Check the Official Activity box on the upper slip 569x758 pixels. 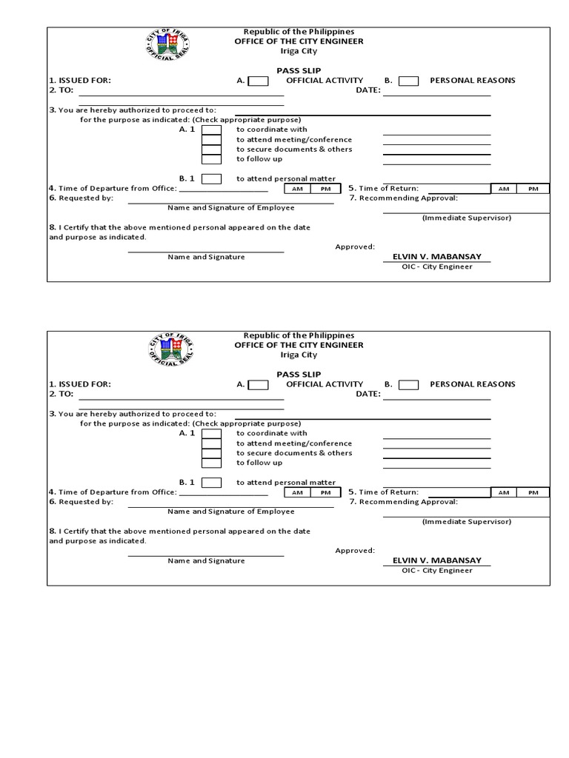259,81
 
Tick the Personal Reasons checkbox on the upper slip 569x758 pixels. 409,81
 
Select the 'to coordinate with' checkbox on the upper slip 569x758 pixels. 212,130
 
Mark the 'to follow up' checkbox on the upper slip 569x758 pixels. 212,159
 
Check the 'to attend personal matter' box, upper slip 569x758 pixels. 212,178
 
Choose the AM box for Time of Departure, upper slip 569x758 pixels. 297,189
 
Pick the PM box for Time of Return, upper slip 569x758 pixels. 533,189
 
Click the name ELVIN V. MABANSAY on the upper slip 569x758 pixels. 436,257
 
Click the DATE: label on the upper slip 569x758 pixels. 368,90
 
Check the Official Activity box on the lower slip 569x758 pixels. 259,384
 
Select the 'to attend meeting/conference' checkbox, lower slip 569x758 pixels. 212,443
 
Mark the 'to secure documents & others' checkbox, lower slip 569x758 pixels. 212,453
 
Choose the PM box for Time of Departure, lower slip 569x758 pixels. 325,492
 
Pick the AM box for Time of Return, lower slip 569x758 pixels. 504,492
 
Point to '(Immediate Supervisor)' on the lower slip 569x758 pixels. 466,521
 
